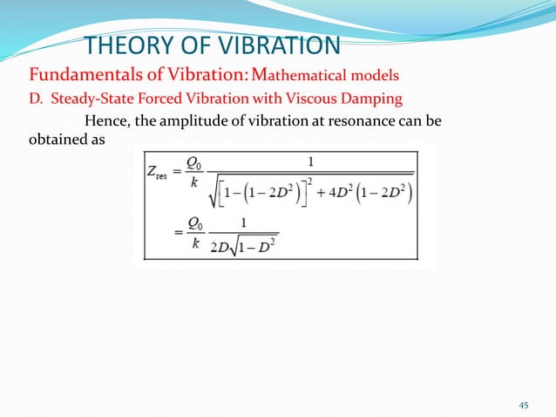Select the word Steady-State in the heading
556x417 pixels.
tap(94, 97)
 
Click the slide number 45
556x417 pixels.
tap(524, 404)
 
